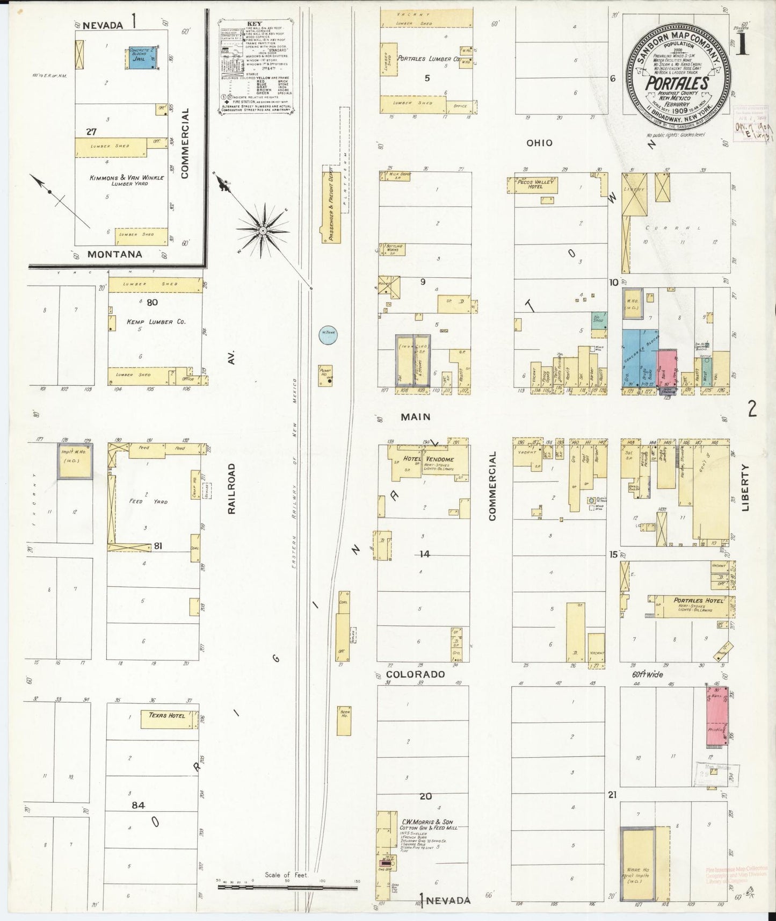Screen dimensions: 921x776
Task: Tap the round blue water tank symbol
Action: (x=328, y=334)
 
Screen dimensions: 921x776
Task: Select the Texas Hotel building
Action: (x=166, y=719)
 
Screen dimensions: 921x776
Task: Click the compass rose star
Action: (x=263, y=231)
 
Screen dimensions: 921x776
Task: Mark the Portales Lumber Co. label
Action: (x=428, y=59)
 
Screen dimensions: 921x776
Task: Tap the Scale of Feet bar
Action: (x=287, y=888)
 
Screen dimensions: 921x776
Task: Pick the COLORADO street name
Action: (x=416, y=674)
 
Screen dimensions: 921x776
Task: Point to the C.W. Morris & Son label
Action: (x=427, y=822)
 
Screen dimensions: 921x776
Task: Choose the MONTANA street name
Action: (x=115, y=254)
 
